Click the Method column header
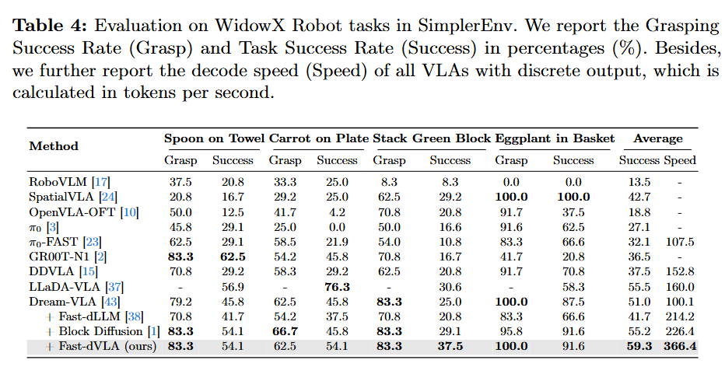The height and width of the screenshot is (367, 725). coord(54,145)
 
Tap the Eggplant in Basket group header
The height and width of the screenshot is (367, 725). coord(555,138)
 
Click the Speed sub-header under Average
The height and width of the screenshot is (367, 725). coord(680,160)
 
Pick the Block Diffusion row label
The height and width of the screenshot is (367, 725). coord(97,330)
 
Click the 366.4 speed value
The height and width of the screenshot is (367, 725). coord(679,345)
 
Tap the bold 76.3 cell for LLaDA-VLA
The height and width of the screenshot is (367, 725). coord(337,285)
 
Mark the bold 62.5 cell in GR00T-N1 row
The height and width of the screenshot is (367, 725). coord(233,255)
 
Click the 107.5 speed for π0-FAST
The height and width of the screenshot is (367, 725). coord(679,241)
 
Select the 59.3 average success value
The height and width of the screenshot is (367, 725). coord(637,345)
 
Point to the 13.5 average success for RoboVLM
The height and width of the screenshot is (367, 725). coord(637,182)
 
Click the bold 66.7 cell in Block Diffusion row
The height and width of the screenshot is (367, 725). coord(285,330)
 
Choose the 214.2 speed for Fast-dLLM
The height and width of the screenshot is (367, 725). coord(679,316)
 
